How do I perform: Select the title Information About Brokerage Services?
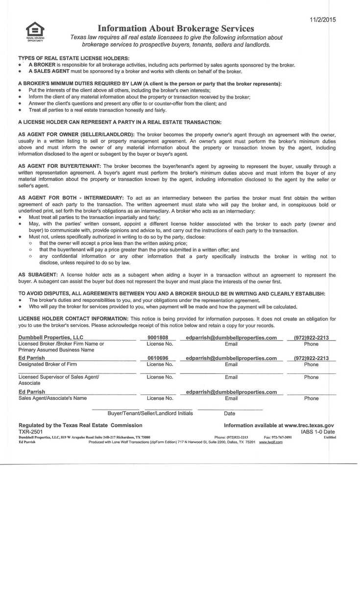[176, 29]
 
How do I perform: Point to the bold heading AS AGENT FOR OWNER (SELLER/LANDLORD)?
[76, 134]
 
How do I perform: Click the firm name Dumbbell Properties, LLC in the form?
[51, 338]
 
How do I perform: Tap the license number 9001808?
[158, 338]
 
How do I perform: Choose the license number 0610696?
[158, 358]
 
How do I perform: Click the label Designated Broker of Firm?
[48, 365]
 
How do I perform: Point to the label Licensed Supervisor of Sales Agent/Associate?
[58, 380]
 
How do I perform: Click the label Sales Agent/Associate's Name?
[52, 398]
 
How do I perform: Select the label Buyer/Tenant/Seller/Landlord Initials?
[150, 413]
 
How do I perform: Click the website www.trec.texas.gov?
[309, 425]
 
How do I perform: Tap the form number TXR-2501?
[30, 432]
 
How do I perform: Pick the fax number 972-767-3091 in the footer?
[282, 437]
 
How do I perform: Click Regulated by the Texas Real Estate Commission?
[80, 425]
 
